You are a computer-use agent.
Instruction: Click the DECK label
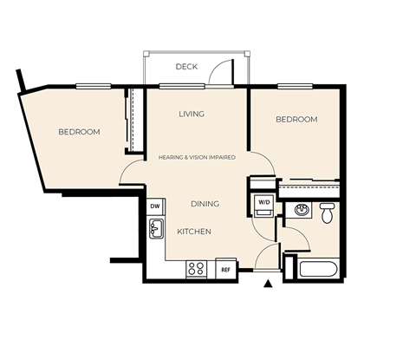point(186,67)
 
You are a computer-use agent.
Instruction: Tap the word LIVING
point(192,115)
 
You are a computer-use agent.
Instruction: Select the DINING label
point(205,204)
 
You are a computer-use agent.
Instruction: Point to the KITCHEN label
point(194,232)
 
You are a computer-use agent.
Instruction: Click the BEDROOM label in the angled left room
point(79,132)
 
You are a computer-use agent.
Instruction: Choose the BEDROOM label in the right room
point(296,120)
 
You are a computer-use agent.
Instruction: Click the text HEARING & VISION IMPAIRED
point(198,158)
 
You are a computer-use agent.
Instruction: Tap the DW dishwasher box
point(155,206)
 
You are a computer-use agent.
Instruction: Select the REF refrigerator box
point(225,270)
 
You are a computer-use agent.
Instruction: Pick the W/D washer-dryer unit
point(263,203)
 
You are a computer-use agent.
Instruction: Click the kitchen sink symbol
point(157,229)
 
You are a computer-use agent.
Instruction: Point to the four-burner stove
point(197,269)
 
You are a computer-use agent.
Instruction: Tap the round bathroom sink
point(302,210)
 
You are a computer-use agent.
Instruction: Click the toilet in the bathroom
point(327,213)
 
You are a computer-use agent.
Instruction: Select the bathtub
point(317,266)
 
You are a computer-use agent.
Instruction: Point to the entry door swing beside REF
point(269,258)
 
